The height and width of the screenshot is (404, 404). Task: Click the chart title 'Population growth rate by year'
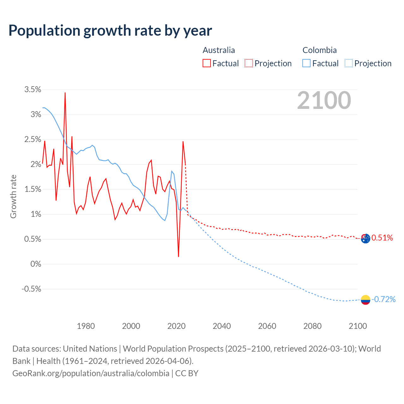tap(110, 31)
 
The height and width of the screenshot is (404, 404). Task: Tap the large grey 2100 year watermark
tap(324, 100)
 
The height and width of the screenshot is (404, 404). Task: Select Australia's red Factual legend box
tap(206, 63)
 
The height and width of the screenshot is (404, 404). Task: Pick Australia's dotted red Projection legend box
tap(249, 63)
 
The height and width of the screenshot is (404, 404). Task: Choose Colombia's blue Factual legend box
tap(306, 63)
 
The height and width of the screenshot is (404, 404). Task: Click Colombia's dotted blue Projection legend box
tap(348, 63)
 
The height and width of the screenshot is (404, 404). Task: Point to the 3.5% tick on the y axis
tap(33, 90)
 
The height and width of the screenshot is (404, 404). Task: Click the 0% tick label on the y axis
tap(36, 264)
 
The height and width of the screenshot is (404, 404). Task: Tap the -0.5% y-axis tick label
tap(31, 289)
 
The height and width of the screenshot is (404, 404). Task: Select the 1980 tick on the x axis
tap(86, 326)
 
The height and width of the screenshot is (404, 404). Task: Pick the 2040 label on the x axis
tap(222, 326)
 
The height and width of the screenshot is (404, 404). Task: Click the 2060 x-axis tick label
tap(267, 326)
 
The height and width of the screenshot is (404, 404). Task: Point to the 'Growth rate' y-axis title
tap(13, 196)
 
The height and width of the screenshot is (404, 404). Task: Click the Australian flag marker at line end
tap(365, 239)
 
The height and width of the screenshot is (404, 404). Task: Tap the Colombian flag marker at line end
tap(365, 300)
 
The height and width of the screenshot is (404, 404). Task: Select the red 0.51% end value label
tap(382, 238)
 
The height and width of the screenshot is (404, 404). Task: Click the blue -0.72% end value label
tap(383, 299)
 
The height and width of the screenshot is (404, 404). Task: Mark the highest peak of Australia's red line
tap(65, 93)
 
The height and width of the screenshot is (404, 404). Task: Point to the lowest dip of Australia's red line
tap(178, 256)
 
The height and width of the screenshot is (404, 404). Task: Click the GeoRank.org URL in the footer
tap(91, 373)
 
